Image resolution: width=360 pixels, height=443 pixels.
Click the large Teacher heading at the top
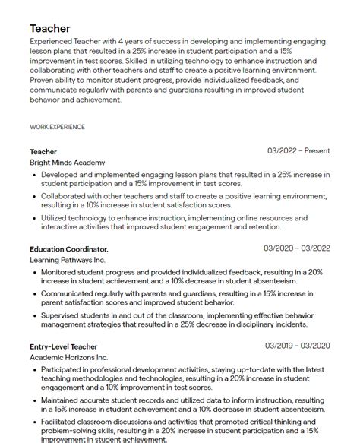point(50,29)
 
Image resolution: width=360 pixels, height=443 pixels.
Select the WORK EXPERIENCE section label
point(58,127)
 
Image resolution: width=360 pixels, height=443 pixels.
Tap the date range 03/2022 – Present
point(298,151)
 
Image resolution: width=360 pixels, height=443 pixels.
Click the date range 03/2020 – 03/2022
point(297,248)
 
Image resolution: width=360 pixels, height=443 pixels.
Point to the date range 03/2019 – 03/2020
point(297,346)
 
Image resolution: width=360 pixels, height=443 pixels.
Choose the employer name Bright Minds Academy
point(68,163)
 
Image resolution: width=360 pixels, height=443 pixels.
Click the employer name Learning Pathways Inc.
point(62,260)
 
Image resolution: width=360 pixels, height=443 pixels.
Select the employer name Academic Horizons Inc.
point(69,357)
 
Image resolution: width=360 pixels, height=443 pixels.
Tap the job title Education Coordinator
point(69,249)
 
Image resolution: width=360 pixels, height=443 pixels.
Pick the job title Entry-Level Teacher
point(64,346)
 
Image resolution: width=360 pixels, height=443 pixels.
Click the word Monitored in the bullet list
point(62,271)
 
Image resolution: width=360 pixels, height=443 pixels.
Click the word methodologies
point(75,378)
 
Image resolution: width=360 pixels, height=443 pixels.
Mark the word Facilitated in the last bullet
point(63,420)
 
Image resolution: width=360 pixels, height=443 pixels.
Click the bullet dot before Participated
point(35,369)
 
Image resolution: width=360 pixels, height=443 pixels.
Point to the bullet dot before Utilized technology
point(35,217)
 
